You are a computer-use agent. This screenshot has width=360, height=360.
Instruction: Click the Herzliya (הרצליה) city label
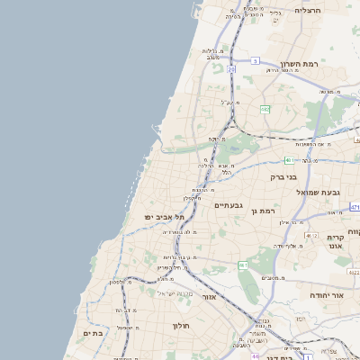[309, 10]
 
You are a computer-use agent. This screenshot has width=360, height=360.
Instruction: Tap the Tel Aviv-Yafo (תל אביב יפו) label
[166, 217]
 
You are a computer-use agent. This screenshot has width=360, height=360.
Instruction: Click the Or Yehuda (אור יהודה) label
[326, 295]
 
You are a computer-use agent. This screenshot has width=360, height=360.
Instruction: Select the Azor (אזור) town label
[209, 296]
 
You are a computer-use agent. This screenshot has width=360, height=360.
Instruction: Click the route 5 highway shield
[256, 61]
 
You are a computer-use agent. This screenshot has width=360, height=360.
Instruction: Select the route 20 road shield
[231, 69]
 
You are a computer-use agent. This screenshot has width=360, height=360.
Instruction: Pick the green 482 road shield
[265, 109]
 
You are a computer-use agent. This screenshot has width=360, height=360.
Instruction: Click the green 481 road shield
[288, 160]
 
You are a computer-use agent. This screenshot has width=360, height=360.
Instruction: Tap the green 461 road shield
[243, 265]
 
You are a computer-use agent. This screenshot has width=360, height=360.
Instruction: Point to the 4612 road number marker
[311, 235]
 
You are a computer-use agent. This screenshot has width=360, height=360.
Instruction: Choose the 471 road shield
[355, 207]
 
